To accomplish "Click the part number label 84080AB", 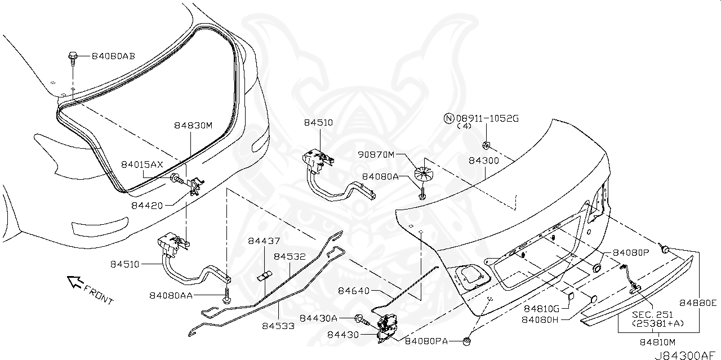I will click(113, 56).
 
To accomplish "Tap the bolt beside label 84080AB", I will click(73, 56).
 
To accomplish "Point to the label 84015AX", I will click(141, 164).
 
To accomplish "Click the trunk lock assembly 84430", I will click(386, 328).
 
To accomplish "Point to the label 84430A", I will click(318, 318).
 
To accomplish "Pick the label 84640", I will click(354, 291).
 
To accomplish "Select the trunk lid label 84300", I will click(484, 161).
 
